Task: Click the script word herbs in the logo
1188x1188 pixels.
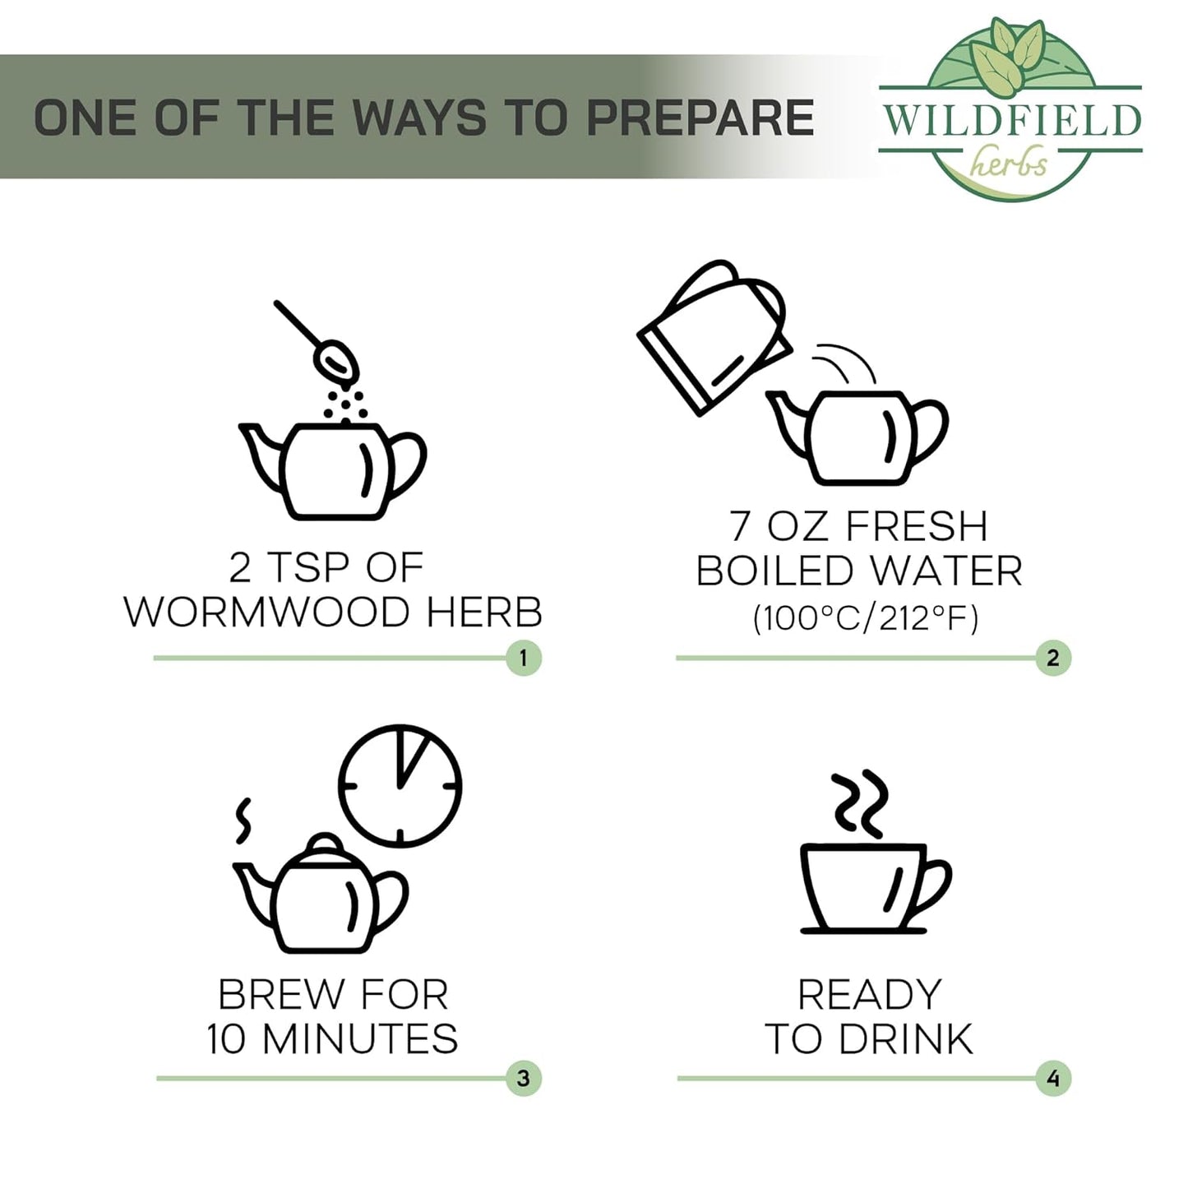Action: coord(1007,163)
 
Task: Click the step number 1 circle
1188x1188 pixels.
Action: coord(524,659)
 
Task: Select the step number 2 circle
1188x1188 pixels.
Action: coord(1053,658)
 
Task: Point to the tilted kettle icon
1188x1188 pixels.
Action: coord(714,336)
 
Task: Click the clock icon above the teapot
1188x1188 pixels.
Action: coord(400,785)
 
